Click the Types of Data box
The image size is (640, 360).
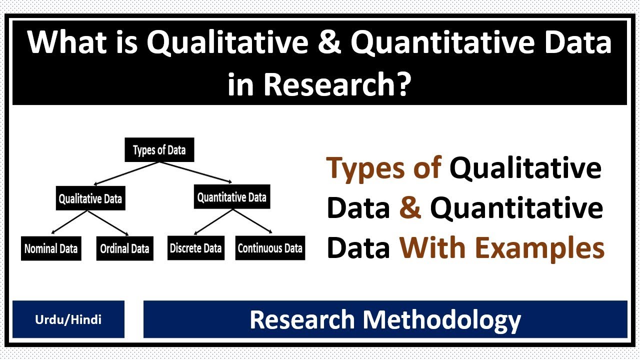pos(159,150)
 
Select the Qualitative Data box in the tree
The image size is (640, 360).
pos(90,199)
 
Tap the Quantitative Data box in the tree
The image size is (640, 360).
pos(231,197)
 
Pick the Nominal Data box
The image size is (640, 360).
pos(51,248)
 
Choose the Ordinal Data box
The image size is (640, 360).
pos(124,248)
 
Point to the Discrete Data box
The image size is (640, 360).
pos(195,248)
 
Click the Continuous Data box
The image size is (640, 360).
pos(270,248)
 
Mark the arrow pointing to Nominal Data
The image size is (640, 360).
pos(70,222)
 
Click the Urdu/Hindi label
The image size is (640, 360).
pos(68,319)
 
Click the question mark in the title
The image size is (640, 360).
pos(403,84)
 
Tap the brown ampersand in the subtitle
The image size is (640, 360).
pos(410,208)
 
